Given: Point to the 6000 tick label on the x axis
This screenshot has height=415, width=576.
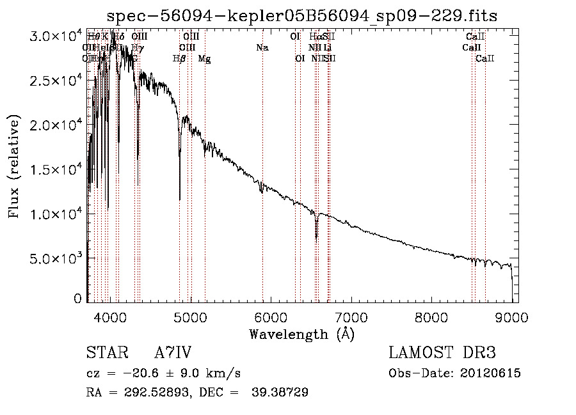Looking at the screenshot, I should (x=271, y=317).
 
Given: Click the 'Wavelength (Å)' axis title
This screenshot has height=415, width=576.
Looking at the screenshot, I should (x=301, y=334).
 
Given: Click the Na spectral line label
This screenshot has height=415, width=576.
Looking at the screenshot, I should (x=262, y=48).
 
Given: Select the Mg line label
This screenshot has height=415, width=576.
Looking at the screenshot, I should (x=204, y=59).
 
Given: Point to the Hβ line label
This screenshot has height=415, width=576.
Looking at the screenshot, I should (x=179, y=59).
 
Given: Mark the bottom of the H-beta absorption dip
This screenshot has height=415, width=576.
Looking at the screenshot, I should (x=179, y=200).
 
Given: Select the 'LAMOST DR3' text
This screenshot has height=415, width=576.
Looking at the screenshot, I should (x=442, y=353).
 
